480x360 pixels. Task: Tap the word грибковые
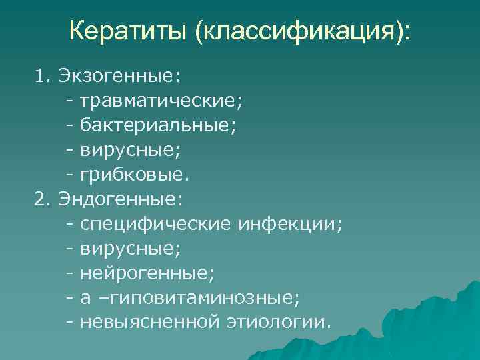[135, 176]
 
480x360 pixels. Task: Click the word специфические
[156, 225]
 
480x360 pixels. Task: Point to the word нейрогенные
[142, 274]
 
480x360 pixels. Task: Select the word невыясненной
[149, 323]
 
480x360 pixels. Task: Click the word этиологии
[277, 323]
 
